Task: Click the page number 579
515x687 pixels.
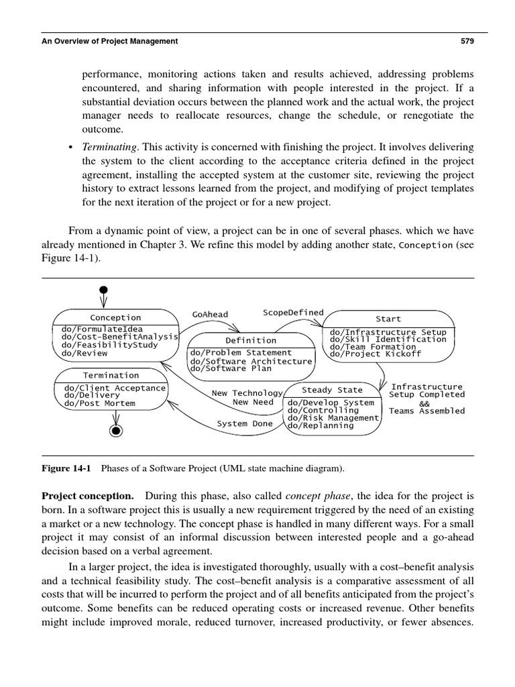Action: (467, 41)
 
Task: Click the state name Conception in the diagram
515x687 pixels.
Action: (115, 317)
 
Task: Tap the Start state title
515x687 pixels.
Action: (388, 319)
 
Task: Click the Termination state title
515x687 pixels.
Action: (111, 375)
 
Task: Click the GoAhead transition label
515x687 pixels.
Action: (210, 314)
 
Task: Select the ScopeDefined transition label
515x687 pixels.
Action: (293, 312)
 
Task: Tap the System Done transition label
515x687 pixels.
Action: (245, 423)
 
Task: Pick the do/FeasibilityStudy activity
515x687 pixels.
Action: (109, 345)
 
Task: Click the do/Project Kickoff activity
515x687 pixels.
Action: (376, 354)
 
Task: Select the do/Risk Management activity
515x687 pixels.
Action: (333, 418)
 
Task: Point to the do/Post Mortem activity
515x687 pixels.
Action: (99, 403)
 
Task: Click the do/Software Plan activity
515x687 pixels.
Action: (232, 368)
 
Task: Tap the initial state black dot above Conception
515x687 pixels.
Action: (103, 290)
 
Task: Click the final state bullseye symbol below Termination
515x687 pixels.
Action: (115, 429)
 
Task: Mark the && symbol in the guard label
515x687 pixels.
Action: (424, 403)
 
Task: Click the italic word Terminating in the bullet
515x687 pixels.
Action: (109, 146)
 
